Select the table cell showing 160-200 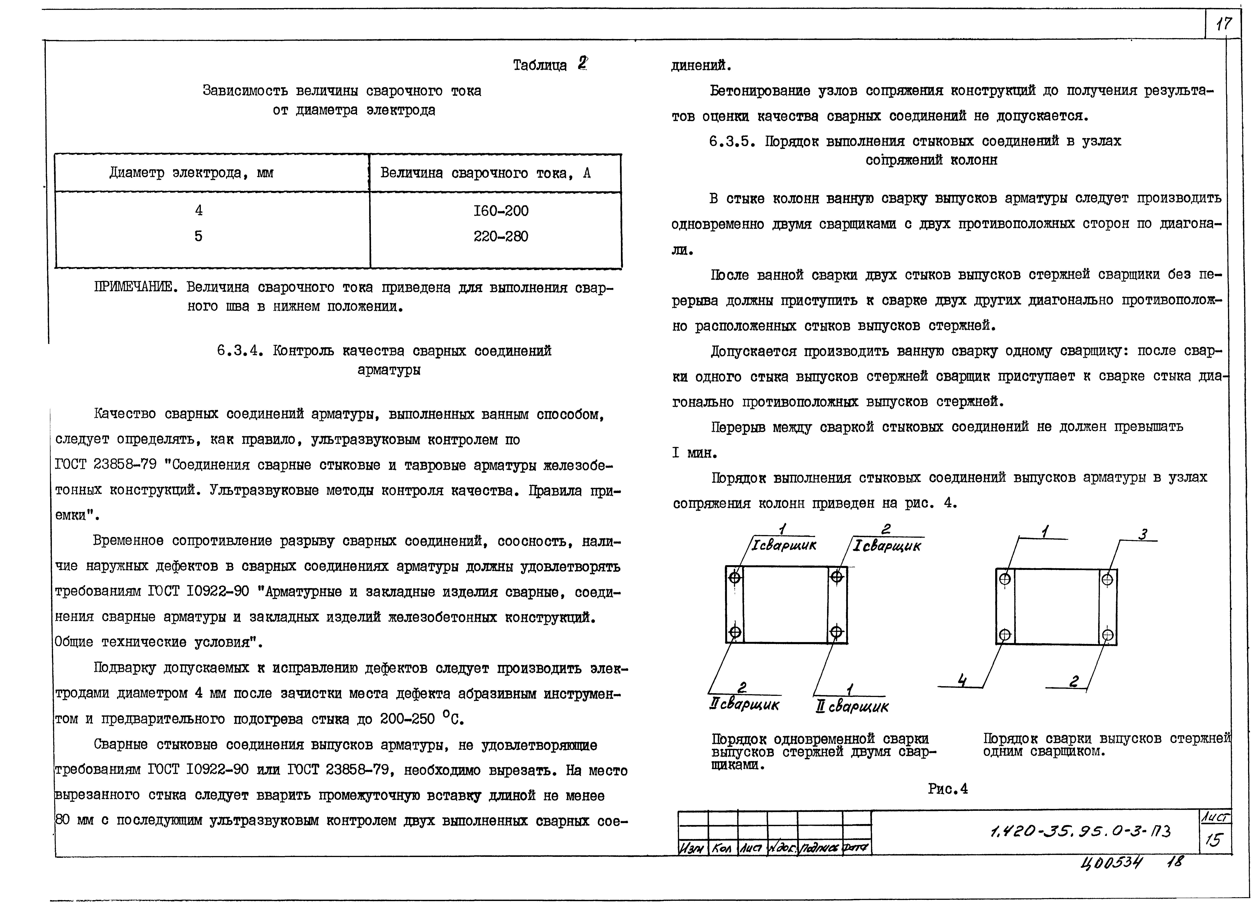click(501, 211)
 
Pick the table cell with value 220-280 click(501, 237)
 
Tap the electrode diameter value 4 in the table click(198, 211)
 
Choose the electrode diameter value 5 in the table click(198, 237)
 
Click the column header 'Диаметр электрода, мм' click(191, 173)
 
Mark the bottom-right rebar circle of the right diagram click(1107, 635)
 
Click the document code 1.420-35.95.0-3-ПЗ click(1081, 831)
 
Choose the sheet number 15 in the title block click(1214, 840)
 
